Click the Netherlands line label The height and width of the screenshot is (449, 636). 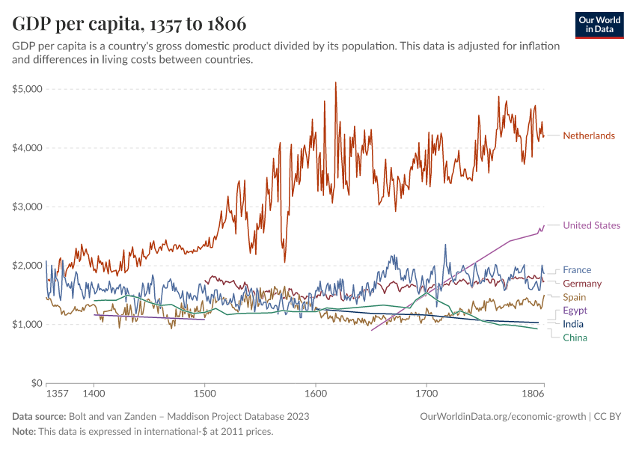(x=589, y=135)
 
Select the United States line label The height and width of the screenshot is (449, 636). (x=591, y=225)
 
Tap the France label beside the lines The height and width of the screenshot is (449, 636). (x=577, y=269)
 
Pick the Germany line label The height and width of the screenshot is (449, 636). (x=582, y=283)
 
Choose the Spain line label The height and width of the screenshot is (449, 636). (x=575, y=297)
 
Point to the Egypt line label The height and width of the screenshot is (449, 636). (x=575, y=311)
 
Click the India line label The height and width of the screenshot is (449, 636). (x=573, y=324)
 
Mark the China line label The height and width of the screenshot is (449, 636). (x=575, y=337)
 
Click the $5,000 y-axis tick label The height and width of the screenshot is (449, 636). (x=27, y=89)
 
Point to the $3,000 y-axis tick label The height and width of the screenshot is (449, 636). (x=27, y=207)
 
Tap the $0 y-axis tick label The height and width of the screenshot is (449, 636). (x=37, y=383)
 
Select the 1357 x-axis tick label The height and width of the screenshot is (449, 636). (x=58, y=394)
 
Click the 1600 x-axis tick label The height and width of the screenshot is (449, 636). (x=316, y=394)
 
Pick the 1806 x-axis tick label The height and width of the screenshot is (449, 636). (x=533, y=394)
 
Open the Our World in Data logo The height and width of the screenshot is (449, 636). (x=599, y=25)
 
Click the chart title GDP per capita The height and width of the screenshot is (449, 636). (x=76, y=23)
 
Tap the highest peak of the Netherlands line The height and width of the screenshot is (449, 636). (x=335, y=82)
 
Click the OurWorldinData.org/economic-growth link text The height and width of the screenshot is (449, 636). (x=503, y=417)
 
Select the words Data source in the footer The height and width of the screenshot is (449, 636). (x=39, y=417)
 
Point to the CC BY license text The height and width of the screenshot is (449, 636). (x=608, y=417)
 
